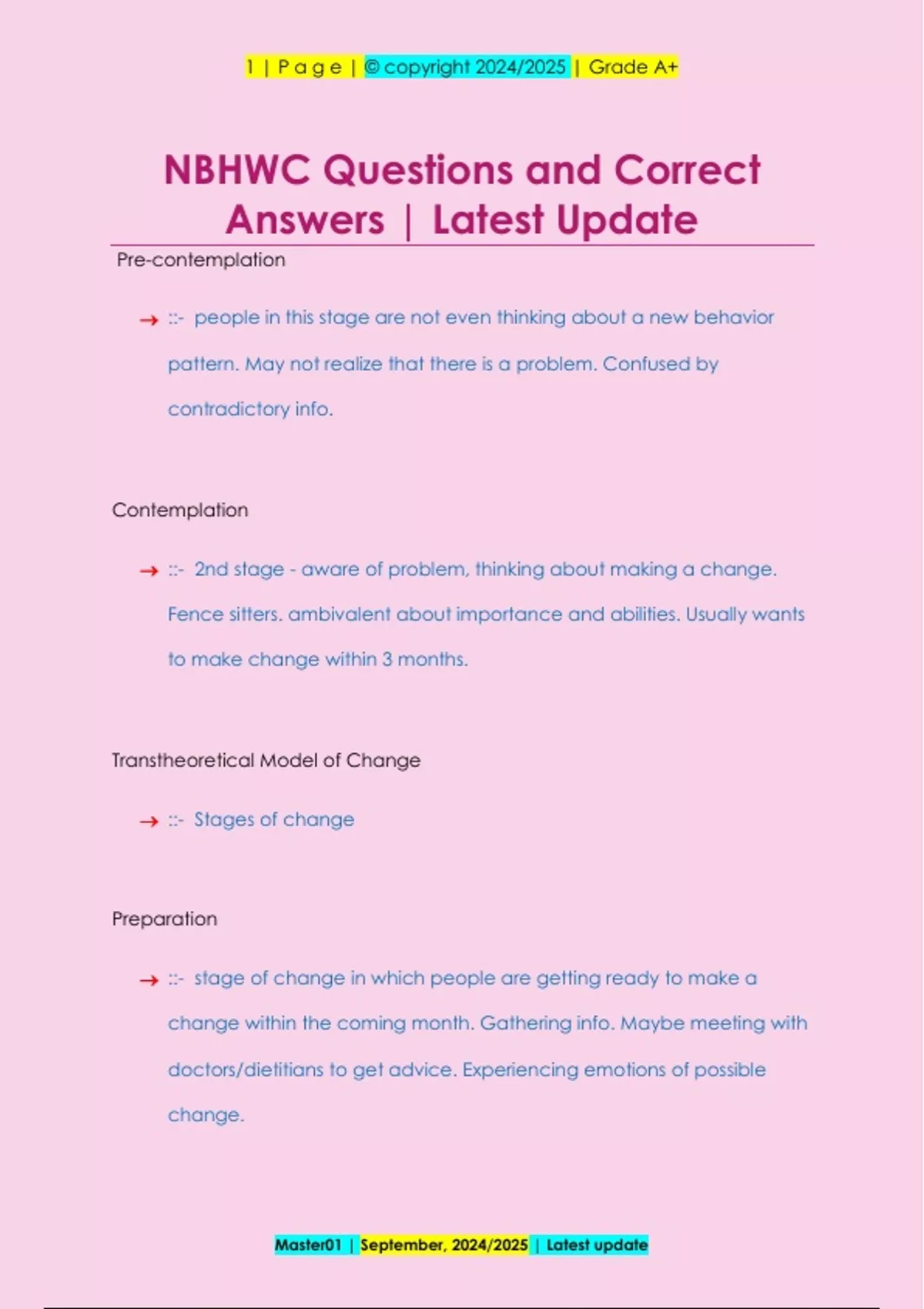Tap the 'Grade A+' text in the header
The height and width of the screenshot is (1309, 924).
click(x=633, y=68)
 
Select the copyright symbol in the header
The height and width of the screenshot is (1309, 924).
click(x=372, y=68)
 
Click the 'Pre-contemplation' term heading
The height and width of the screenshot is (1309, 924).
click(x=201, y=260)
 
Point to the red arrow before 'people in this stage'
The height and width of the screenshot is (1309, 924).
click(x=149, y=320)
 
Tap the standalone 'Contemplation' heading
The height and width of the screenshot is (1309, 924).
click(x=180, y=511)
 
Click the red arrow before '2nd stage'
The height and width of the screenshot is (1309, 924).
click(x=149, y=571)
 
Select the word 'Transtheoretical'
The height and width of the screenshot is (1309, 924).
click(x=183, y=761)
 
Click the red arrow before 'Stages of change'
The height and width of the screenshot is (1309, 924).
click(x=149, y=822)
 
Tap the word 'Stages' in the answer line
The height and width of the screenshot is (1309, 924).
click(x=223, y=820)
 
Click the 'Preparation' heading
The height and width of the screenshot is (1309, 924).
click(x=165, y=919)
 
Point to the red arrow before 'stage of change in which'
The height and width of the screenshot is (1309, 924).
click(x=149, y=980)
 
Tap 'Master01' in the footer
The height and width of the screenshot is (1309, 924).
click(x=308, y=1245)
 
